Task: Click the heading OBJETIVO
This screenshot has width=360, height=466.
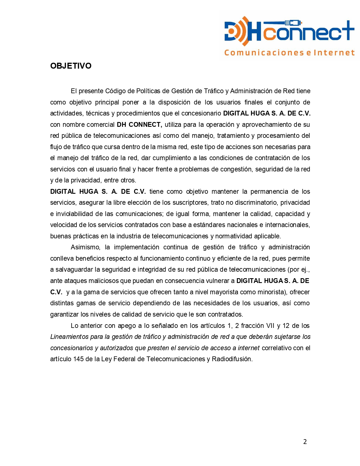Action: [71, 66]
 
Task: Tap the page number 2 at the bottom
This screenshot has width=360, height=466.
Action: [305, 442]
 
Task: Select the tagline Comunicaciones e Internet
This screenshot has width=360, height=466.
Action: [289, 53]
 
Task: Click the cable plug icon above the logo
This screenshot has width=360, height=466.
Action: [293, 22]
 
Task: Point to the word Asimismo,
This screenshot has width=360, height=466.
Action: [85, 247]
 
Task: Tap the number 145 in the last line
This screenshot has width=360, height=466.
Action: [78, 359]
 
